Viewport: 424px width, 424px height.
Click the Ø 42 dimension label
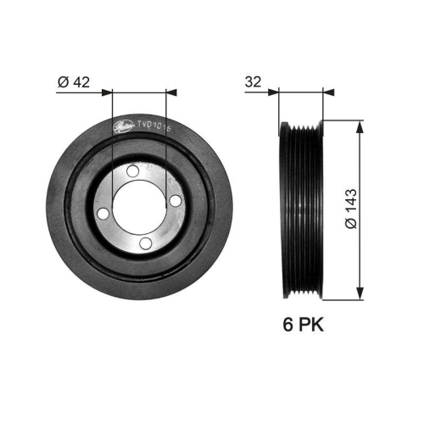click(75, 82)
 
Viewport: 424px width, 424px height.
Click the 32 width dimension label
click(251, 82)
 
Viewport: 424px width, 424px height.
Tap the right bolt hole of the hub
click(174, 202)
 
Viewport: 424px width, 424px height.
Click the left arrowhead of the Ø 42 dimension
click(106, 92)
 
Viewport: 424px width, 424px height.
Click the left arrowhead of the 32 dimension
click(275, 92)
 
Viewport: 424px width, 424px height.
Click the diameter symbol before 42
click(64, 82)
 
